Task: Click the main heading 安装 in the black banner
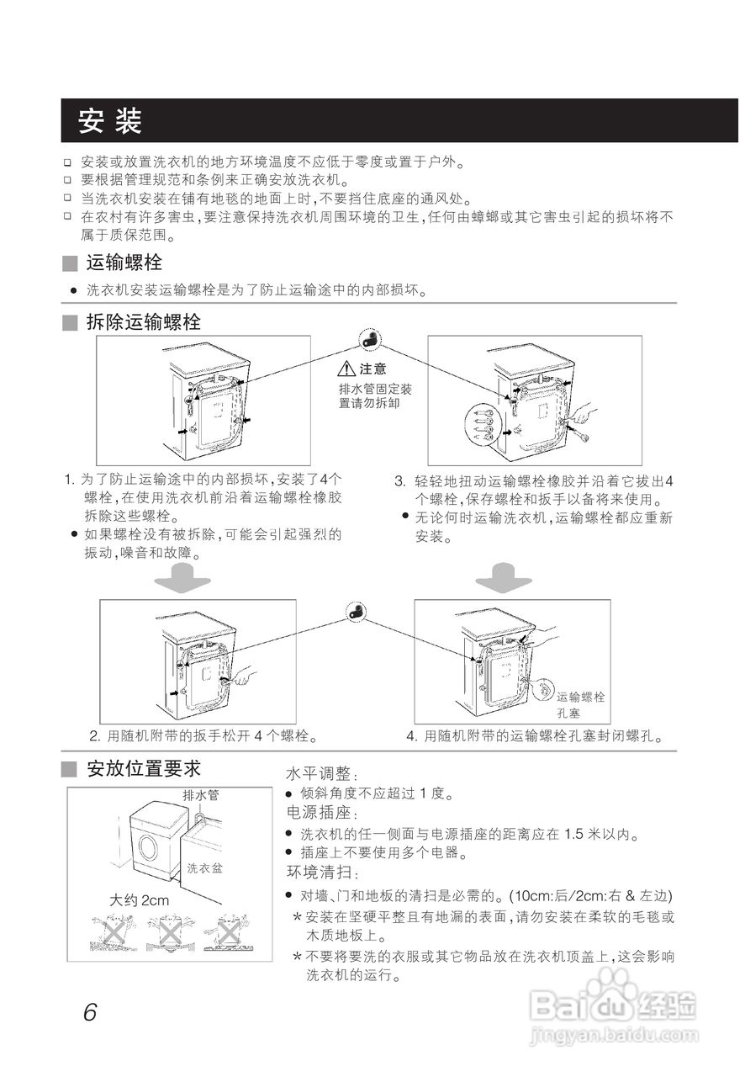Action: [109, 122]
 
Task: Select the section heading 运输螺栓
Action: [124, 263]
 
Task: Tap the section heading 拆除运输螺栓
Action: [143, 321]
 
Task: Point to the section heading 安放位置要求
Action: [144, 768]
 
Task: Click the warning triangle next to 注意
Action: [346, 369]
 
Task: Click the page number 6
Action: [90, 1011]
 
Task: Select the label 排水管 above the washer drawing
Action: [200, 794]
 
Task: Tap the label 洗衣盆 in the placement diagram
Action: [203, 867]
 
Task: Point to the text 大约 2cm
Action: [140, 900]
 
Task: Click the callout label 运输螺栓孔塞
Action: [579, 705]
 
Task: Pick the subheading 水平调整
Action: [322, 772]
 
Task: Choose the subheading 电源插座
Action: [322, 814]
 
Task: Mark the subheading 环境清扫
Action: [322, 872]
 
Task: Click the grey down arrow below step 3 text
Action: [503, 578]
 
